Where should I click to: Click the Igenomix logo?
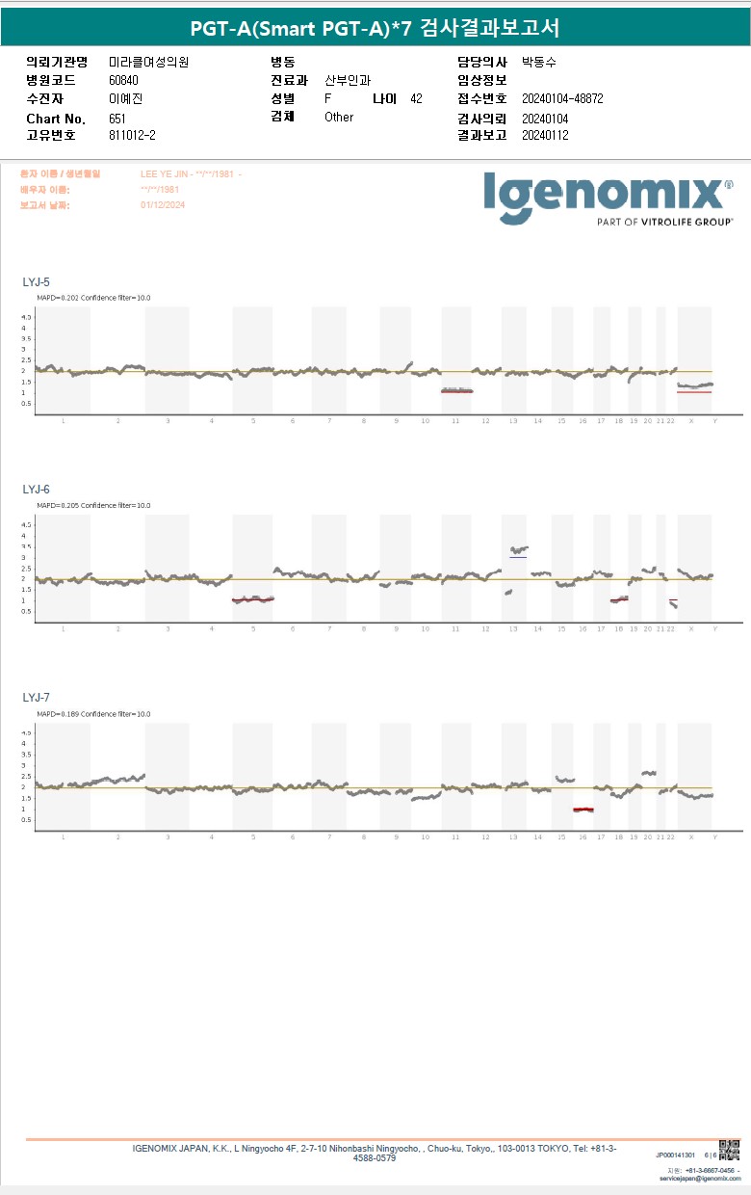coord(607,197)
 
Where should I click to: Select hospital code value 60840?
coord(123,80)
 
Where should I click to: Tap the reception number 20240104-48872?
coord(562,98)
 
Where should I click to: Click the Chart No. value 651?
coord(117,118)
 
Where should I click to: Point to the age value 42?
coord(416,98)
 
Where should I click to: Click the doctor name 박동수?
coord(538,62)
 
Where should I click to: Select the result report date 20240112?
coord(545,135)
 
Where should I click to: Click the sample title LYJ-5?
coord(36,282)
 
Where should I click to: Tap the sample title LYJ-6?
coord(36,490)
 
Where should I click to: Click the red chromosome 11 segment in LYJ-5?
coord(457,391)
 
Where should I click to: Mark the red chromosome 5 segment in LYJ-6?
coord(253,599)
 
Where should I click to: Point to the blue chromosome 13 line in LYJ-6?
coord(518,557)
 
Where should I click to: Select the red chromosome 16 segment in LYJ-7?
coord(583,810)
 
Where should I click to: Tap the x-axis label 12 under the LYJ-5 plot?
coord(485,421)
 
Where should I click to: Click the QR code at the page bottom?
coord(729,1150)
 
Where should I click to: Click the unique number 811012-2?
coord(132,135)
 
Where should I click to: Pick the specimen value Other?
coord(339,117)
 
